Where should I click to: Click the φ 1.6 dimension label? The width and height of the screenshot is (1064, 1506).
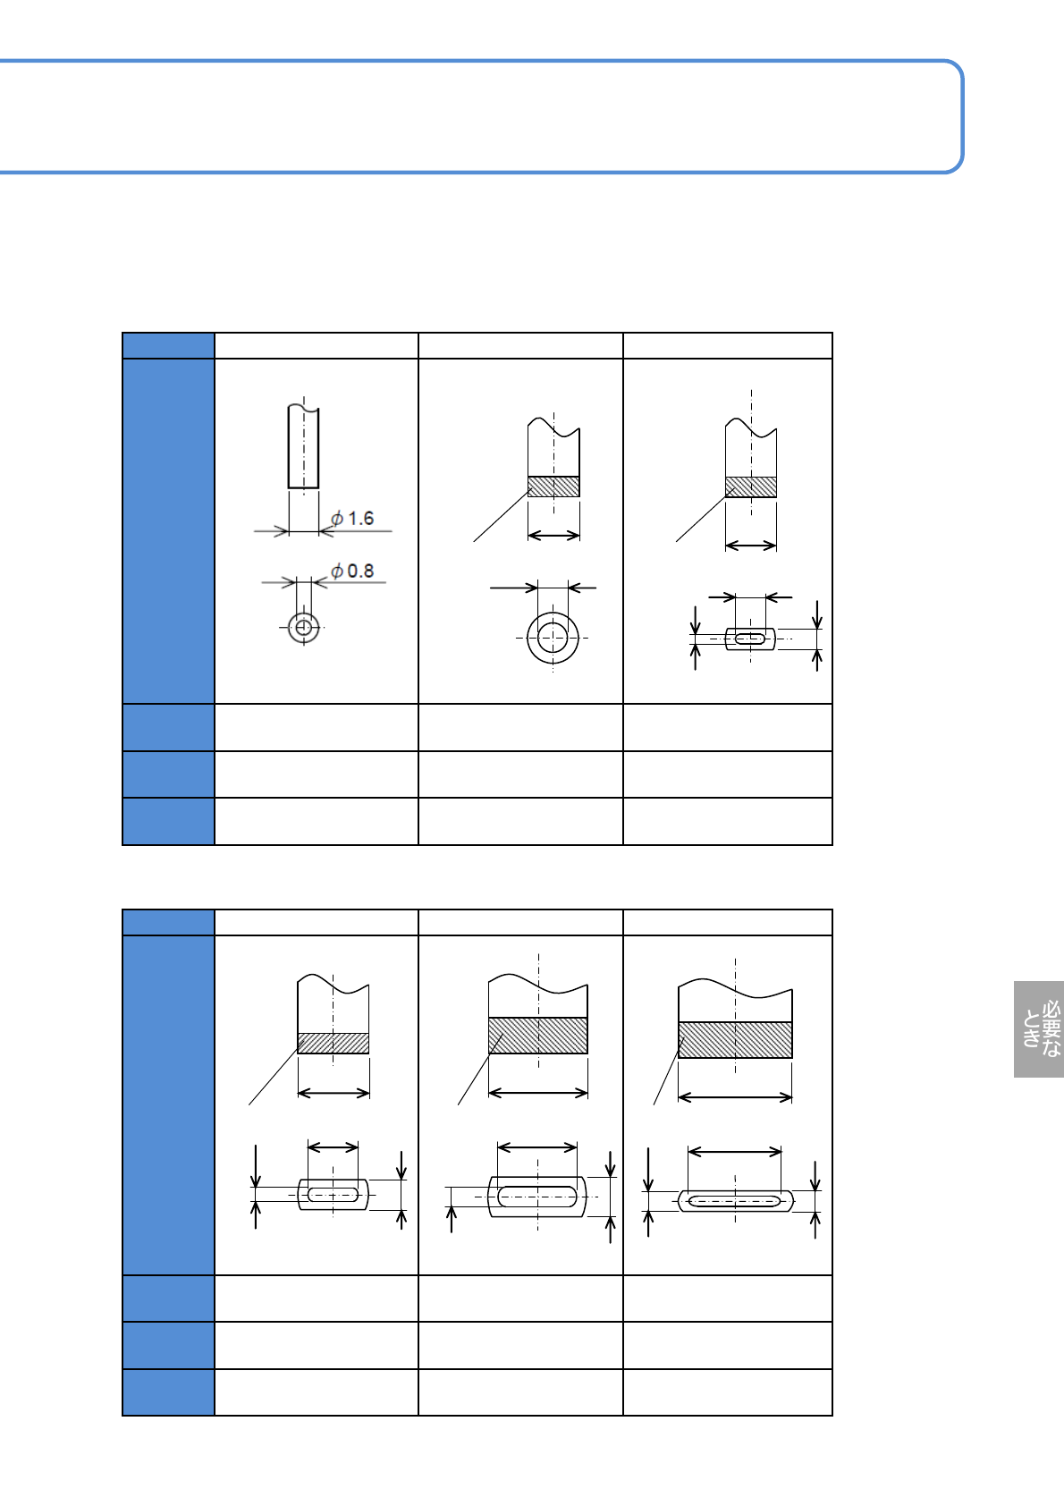point(352,519)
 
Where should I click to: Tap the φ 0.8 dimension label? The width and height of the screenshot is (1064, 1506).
point(352,571)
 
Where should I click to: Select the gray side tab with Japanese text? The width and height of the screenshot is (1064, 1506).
point(1038,1028)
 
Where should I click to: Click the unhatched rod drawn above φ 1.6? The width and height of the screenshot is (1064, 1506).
point(303,445)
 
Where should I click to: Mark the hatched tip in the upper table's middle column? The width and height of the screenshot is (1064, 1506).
point(553,486)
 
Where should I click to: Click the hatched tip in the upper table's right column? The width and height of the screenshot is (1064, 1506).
point(751,486)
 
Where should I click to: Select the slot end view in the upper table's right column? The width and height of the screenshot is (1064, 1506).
point(750,639)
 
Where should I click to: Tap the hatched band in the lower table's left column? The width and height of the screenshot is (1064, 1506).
point(334,1043)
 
